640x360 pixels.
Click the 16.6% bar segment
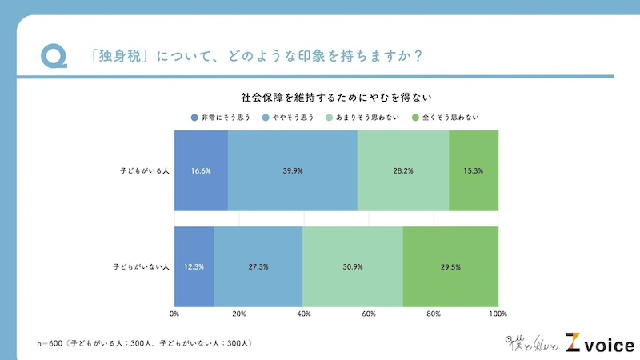click(201, 170)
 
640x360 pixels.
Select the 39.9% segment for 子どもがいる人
click(293, 170)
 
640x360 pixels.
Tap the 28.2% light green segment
click(403, 170)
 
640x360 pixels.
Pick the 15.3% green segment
click(474, 170)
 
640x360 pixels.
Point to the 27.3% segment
click(258, 267)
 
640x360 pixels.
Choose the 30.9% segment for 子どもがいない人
click(353, 267)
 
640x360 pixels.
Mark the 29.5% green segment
click(450, 267)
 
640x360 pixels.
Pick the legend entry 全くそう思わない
click(446, 118)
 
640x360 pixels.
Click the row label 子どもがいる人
click(141, 170)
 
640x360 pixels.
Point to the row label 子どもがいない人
click(138, 267)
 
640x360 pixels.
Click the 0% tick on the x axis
click(174, 313)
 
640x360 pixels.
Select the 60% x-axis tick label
click(369, 313)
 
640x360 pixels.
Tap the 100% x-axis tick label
click(498, 313)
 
